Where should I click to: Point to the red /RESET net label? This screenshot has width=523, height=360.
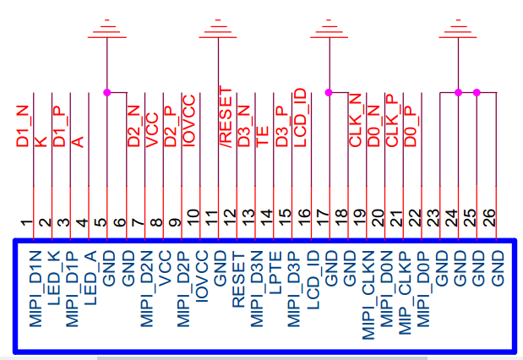[x=226, y=117]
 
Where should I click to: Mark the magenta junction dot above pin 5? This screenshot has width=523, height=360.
[x=106, y=92]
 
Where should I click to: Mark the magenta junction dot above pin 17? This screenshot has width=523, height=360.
[x=329, y=92]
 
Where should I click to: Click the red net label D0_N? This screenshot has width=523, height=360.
[x=374, y=126]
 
